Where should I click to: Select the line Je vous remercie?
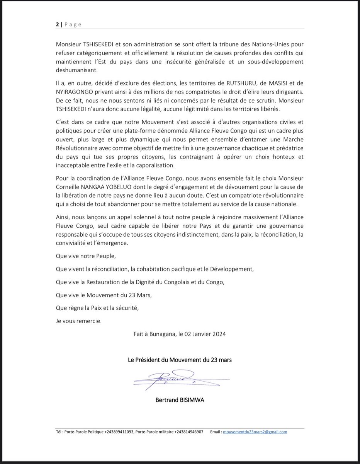point(79,321)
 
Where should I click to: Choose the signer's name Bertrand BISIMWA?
point(180,401)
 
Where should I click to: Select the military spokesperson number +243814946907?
point(187,432)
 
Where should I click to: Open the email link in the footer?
point(255,432)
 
